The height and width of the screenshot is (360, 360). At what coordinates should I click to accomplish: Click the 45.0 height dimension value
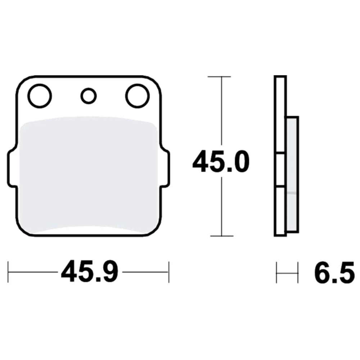(x=221, y=161)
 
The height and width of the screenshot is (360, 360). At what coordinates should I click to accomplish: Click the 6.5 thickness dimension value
(x=334, y=272)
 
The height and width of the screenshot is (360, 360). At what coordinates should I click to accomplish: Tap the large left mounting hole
(x=40, y=96)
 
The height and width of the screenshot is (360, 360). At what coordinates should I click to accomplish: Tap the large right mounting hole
(x=138, y=96)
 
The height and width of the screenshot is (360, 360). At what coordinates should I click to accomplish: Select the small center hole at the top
(x=89, y=96)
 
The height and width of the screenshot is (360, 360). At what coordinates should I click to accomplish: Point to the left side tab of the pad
(x=12, y=168)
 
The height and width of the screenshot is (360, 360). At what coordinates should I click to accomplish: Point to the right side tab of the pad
(x=165, y=168)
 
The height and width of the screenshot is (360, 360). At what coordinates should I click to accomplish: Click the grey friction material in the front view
(x=89, y=174)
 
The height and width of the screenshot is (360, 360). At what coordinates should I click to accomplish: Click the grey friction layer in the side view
(x=292, y=175)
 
